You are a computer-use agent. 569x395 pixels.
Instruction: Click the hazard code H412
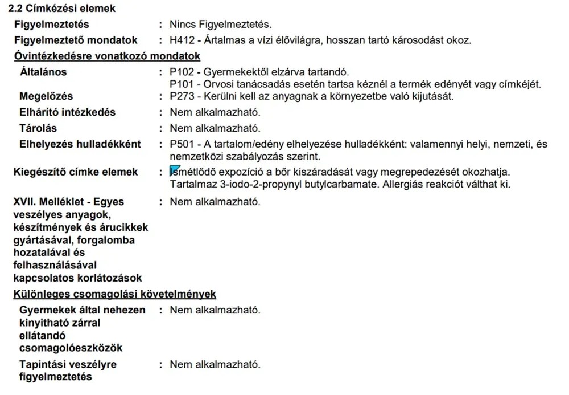click(182, 40)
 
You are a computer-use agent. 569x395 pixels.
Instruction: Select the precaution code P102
click(182, 72)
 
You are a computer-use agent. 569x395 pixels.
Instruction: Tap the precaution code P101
click(182, 84)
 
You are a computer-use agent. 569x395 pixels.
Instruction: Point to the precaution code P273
click(182, 96)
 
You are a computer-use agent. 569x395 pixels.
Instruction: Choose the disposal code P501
click(182, 144)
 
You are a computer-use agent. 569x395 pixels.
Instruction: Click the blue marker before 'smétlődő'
click(175, 170)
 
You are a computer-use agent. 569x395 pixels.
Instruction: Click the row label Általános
click(43, 72)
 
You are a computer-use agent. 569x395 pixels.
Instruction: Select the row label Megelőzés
click(46, 96)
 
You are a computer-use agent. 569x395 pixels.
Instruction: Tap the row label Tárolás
click(38, 128)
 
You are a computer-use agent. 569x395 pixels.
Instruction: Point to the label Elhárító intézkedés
click(67, 112)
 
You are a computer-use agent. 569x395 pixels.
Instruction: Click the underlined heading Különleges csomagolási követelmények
click(114, 294)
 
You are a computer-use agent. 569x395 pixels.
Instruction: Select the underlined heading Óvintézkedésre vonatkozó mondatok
click(106, 56)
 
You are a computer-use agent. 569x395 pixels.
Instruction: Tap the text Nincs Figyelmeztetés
click(221, 25)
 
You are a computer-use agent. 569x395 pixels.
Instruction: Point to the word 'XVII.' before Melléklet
click(25, 202)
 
